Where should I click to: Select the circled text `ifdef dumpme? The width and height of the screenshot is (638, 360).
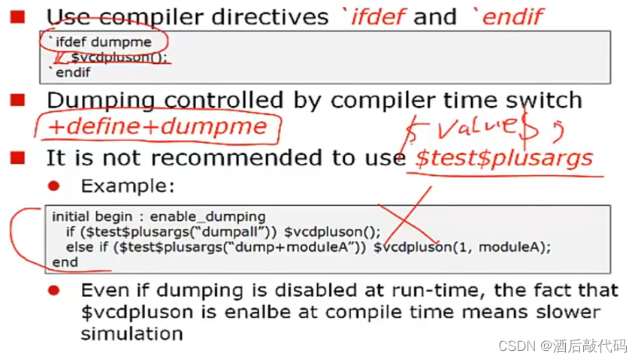tap(104, 42)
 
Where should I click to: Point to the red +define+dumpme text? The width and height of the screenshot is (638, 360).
tap(157, 126)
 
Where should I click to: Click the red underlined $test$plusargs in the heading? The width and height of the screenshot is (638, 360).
tap(503, 158)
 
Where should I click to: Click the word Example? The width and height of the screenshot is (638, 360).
tap(128, 186)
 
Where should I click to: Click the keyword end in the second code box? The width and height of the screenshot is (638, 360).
tap(65, 262)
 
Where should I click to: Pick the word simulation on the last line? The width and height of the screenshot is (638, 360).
tap(132, 333)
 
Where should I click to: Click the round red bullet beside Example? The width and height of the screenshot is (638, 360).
tap(53, 186)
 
